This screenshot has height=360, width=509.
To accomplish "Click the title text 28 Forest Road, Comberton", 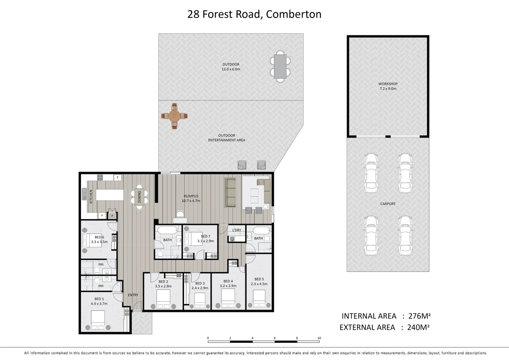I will pyautogui.click(x=254, y=14).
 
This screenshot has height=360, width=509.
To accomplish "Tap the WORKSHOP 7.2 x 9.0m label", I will pyautogui.click(x=388, y=86).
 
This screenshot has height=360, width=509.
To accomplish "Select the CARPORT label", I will pyautogui.click(x=388, y=204).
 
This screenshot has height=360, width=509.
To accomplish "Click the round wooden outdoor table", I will pyautogui.click(x=174, y=116).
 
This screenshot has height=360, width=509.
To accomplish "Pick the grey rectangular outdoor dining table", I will pyautogui.click(x=280, y=66).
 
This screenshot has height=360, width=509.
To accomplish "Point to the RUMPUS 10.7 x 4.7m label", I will pyautogui.click(x=191, y=199).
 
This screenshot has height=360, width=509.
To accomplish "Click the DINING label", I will pyautogui.click(x=139, y=197).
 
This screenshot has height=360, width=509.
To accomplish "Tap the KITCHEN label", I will pyautogui.click(x=91, y=197).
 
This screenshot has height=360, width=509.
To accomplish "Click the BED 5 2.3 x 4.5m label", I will pyautogui.click(x=259, y=282).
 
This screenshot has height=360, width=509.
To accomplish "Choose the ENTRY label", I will pyautogui.click(x=133, y=295).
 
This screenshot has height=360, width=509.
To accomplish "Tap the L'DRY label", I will pyautogui.click(x=237, y=230).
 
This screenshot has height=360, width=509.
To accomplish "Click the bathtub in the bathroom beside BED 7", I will pyautogui.click(x=168, y=230).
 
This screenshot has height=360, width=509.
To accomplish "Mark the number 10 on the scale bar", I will pyautogui.click(x=319, y=338).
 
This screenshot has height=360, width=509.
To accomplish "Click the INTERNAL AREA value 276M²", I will pyautogui.click(x=419, y=316).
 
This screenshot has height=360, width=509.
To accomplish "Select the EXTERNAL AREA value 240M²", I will pyautogui.click(x=418, y=327).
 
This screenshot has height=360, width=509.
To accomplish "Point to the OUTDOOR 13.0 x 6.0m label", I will pyautogui.click(x=231, y=67).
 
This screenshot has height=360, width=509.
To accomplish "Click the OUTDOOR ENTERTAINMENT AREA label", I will pyautogui.click(x=227, y=138).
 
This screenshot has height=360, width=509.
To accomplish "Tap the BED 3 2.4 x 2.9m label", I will pyautogui.click(x=200, y=286).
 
